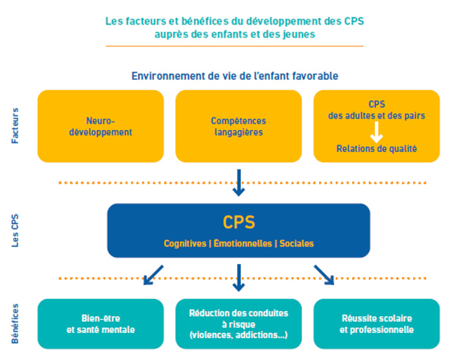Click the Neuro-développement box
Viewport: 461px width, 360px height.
click(x=100, y=126)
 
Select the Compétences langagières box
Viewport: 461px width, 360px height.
click(x=238, y=126)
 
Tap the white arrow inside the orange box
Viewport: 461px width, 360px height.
click(x=376, y=133)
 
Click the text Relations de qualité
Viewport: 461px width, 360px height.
click(x=376, y=149)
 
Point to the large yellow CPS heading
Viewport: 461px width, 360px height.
click(x=238, y=222)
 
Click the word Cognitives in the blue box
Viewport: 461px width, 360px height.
click(x=185, y=243)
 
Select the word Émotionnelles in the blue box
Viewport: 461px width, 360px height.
click(x=241, y=243)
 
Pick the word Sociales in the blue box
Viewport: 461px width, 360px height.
click(x=296, y=243)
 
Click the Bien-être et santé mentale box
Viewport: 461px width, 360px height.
click(x=100, y=324)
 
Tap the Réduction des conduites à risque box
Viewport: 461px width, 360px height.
click(x=238, y=324)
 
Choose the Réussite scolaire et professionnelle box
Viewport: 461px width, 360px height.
click(x=376, y=324)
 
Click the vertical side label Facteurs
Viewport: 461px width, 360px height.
click(x=15, y=126)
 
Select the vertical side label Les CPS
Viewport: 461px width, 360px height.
click(x=15, y=231)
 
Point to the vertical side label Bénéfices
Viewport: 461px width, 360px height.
click(x=15, y=324)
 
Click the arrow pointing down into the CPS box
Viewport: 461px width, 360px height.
click(x=238, y=182)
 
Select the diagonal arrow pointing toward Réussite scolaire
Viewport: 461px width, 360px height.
click(x=324, y=274)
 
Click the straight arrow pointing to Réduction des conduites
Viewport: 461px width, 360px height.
click(x=239, y=278)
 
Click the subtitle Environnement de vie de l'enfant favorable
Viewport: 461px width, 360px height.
click(x=234, y=76)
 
